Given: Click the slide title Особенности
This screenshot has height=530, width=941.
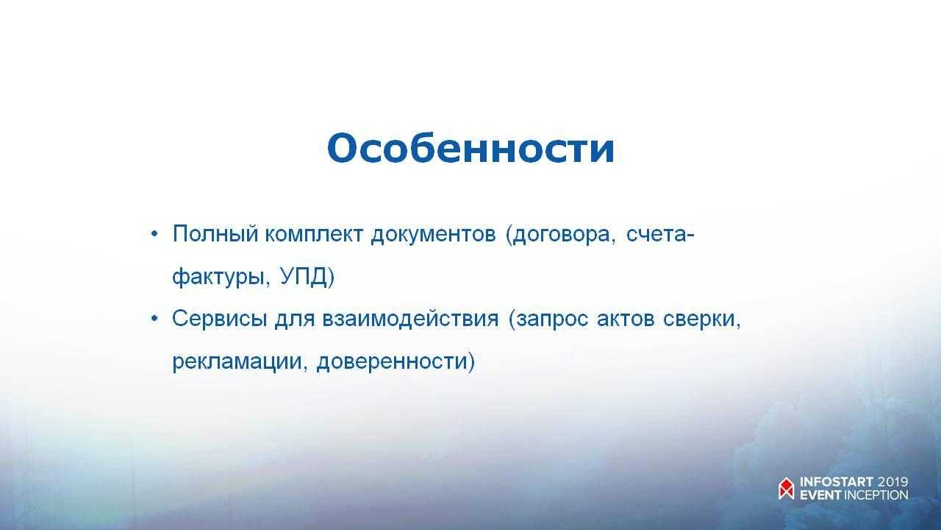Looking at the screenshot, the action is point(470,149).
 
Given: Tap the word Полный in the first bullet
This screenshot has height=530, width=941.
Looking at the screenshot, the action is point(215,234).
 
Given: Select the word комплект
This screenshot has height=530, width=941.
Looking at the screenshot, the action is point(313,234).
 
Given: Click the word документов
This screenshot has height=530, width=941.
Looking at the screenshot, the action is point(433,235).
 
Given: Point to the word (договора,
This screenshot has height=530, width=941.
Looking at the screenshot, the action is point(560,235).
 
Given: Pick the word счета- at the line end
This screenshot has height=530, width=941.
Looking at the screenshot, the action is point(660,235).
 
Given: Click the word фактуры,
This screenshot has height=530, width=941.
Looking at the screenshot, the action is point(221,278).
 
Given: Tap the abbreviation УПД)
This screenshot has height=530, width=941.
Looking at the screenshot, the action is point(307,276).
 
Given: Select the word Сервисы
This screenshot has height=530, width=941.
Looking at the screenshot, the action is point(219,319).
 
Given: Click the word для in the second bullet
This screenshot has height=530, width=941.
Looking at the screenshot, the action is point(295,319).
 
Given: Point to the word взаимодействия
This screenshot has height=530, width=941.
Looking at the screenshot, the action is point(410,319).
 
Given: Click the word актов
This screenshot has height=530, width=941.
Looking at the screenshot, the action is point(626,319).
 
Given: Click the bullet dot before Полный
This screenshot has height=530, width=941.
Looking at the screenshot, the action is point(154,234).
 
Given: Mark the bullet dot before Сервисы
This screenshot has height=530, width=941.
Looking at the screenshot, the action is point(154,319).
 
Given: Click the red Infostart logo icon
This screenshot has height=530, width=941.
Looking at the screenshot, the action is point(787,488).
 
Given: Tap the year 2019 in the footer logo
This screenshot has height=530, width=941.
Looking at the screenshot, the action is point(892,482).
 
